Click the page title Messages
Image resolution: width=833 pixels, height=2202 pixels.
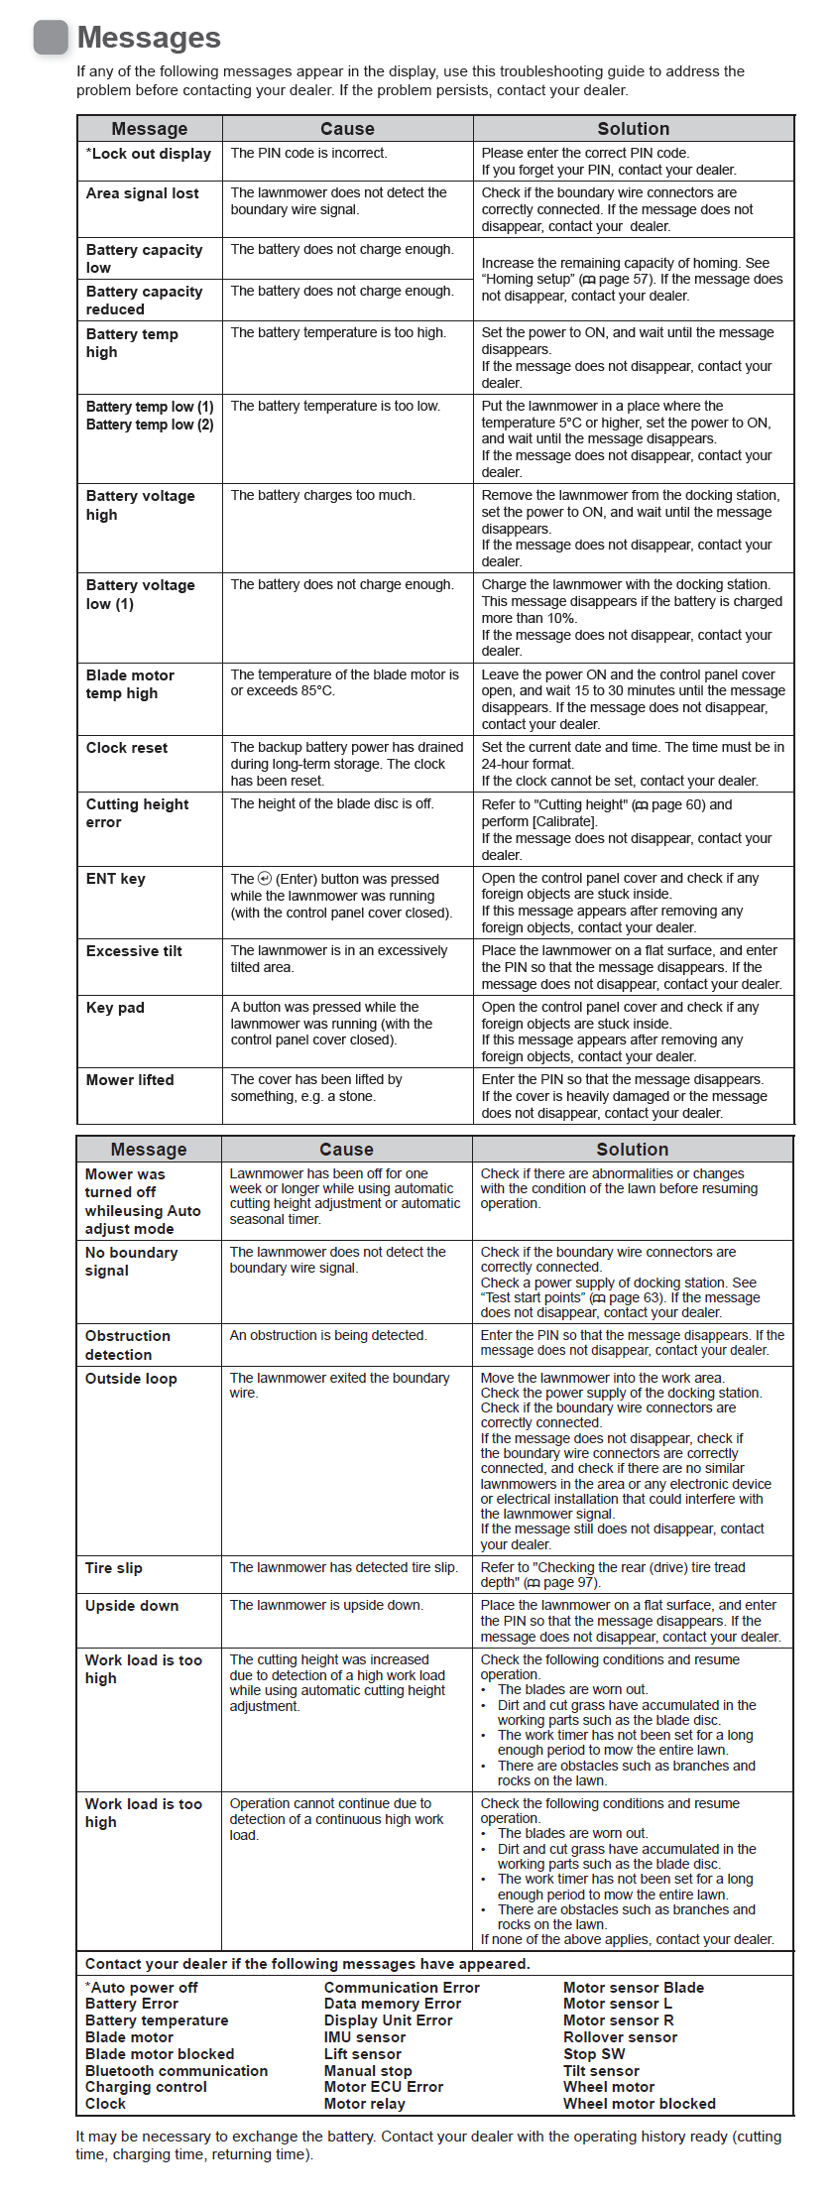(149, 38)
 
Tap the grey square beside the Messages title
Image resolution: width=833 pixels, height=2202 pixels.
(51, 38)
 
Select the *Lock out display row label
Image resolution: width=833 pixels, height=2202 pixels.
(149, 154)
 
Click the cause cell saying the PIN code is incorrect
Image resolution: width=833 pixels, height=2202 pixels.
(308, 154)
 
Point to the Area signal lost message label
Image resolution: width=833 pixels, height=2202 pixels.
(142, 193)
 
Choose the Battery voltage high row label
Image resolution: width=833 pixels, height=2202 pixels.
(140, 505)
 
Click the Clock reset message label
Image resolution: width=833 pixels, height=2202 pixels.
(127, 748)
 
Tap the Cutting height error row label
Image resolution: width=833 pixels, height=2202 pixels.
(137, 813)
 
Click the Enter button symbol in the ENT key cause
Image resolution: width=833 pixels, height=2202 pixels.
(265, 879)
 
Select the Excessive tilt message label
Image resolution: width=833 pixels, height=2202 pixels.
(134, 951)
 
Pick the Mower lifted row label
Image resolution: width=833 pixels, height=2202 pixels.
(130, 1080)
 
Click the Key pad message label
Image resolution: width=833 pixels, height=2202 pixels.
(115, 1008)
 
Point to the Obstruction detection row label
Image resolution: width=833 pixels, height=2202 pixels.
(127, 1345)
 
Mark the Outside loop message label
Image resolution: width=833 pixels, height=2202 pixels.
(131, 1379)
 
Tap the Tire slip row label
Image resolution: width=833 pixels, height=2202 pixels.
(114, 1568)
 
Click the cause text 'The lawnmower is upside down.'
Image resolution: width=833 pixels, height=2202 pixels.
(326, 1606)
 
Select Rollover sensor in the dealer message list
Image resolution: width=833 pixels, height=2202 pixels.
(620, 2037)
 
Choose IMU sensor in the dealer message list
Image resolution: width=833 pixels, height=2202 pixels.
(364, 2037)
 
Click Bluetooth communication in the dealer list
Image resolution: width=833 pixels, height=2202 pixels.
(177, 2071)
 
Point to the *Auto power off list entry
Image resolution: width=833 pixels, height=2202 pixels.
(142, 1988)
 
